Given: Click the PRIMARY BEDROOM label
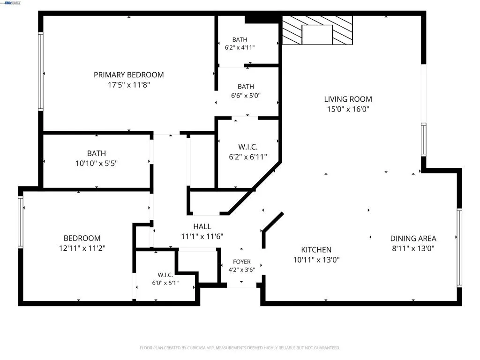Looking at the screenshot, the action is pos(128,75).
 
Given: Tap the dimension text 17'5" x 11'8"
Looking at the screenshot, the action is pos(128,85).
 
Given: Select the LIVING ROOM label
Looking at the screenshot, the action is pos(348,99).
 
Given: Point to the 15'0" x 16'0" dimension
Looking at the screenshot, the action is pos(348,109).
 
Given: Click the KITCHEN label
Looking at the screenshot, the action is pos(316,250).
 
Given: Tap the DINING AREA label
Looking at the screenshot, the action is pos(413,239).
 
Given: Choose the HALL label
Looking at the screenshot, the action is pos(202,226).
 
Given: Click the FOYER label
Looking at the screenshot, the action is pos(241,262).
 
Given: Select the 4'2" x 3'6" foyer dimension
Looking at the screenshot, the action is pos(241,270).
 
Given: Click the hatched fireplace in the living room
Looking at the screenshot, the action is pos(317,30).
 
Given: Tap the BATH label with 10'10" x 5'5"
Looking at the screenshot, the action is pos(97,153).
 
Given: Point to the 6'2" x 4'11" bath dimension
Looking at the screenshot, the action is pos(240,47).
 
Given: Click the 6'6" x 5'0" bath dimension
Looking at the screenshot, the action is pos(246,96).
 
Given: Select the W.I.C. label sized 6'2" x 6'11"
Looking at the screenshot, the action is pos(247,147).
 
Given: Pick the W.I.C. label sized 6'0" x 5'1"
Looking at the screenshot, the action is pos(165,275).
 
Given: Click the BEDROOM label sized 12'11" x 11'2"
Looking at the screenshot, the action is pos(82,238).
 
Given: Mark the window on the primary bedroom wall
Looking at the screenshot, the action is pos(40,71).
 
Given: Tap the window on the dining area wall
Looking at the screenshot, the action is pos(459,247).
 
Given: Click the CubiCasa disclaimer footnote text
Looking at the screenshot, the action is pos(240,348).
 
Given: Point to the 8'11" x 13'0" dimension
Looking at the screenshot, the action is pos(413,248).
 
